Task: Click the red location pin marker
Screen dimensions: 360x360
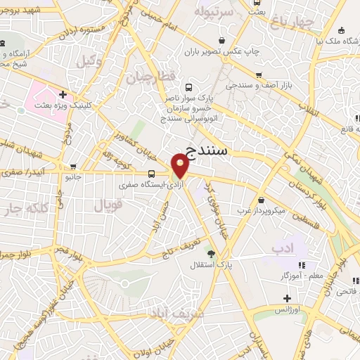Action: [181, 167]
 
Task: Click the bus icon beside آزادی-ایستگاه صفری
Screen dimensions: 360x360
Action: [152, 174]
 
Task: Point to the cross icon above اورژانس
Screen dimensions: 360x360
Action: [286, 298]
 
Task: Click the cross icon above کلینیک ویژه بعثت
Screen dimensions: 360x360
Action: [63, 94]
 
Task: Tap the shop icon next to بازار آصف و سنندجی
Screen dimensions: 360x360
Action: [259, 75]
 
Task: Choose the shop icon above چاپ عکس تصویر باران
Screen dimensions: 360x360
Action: [222, 41]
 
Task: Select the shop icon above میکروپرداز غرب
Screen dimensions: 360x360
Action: [262, 200]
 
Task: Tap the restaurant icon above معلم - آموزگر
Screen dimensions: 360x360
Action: [302, 264]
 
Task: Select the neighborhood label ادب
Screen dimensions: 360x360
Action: [281, 247]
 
